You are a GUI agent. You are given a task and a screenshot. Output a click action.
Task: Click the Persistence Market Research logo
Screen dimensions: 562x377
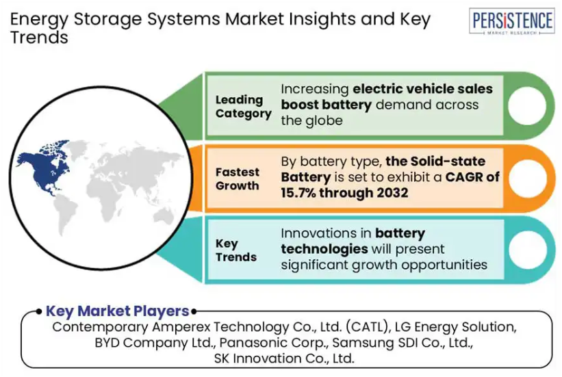coord(511,21)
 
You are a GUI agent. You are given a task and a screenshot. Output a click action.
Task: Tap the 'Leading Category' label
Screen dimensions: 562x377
coord(244,107)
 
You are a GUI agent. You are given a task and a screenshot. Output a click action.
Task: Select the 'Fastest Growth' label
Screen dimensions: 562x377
coord(238,179)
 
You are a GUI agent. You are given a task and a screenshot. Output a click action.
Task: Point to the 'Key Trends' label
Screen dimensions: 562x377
coord(236,250)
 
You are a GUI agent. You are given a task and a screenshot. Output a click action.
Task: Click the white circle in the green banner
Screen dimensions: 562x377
coord(526,106)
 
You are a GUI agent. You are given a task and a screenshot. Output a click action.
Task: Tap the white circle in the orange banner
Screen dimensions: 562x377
coord(528,178)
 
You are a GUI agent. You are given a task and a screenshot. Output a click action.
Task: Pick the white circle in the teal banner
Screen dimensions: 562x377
coord(528,250)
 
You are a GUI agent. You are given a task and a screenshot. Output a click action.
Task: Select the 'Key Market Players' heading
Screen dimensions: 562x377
coord(117,311)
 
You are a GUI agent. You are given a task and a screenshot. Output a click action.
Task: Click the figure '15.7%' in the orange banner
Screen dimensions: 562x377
coord(298,193)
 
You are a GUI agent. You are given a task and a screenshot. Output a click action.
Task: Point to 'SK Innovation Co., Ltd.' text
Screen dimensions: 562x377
coord(284,359)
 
